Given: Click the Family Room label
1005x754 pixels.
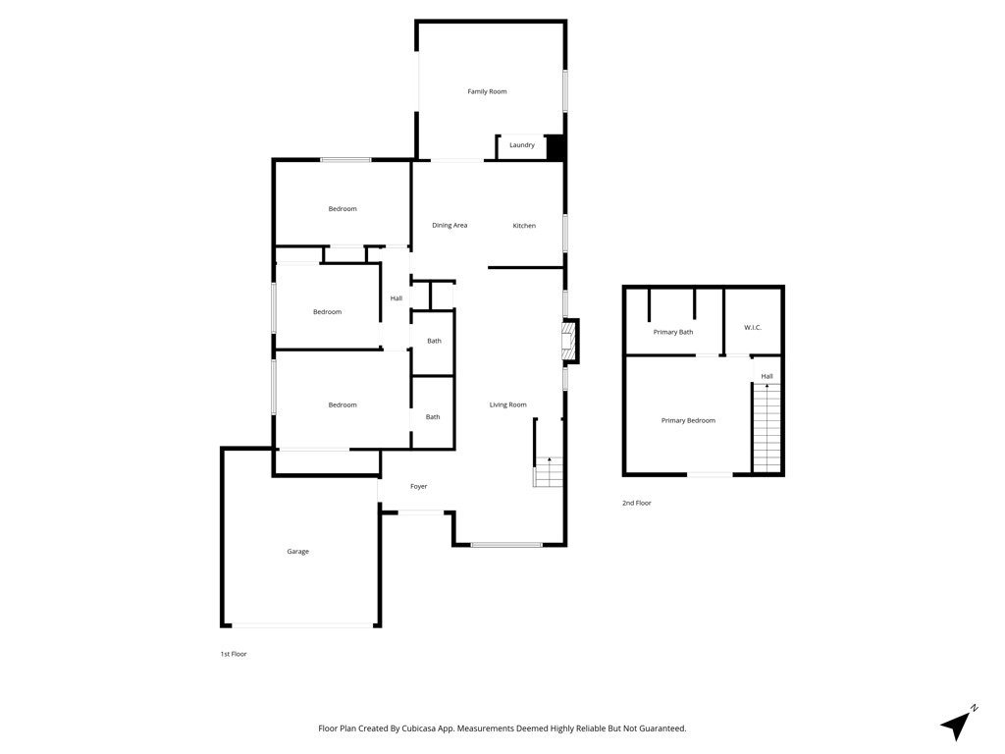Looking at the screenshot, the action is point(487,91).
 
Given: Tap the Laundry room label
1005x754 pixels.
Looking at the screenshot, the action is point(522,145).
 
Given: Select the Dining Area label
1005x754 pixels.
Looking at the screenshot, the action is point(450,225).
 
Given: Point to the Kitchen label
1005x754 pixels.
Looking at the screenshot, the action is point(524,226).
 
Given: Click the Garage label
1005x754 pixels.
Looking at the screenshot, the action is point(297,552).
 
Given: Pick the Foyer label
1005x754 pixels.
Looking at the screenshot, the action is point(418,487).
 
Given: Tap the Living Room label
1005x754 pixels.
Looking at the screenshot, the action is point(507,404).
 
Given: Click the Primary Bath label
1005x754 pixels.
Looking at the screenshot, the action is point(673,332).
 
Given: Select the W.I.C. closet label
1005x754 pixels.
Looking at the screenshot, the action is point(753,328).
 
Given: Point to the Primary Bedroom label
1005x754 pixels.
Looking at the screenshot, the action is point(688,420).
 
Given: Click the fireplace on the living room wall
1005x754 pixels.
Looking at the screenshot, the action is point(570,341).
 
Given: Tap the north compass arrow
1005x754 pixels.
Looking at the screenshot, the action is point(956,725).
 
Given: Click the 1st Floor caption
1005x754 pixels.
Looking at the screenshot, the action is point(234,654).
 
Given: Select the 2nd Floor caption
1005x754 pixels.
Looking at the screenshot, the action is point(636,504).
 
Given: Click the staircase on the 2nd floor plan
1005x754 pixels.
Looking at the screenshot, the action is point(767,428).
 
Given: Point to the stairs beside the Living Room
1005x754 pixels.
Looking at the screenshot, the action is point(548,472).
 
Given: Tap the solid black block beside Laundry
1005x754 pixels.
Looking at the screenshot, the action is point(555,147).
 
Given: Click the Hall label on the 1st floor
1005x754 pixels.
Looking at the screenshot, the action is point(397,298).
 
